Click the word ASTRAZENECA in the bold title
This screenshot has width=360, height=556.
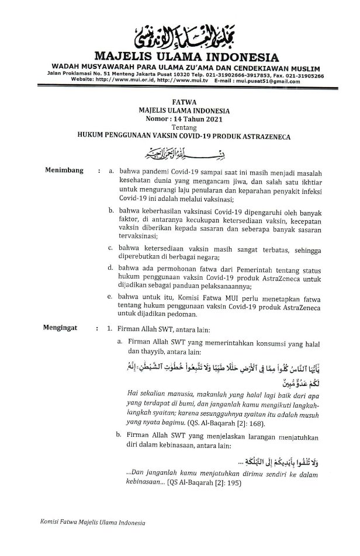[262, 134]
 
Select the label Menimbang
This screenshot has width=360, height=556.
[64, 171]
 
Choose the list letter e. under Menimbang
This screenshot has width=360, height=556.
[110, 297]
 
